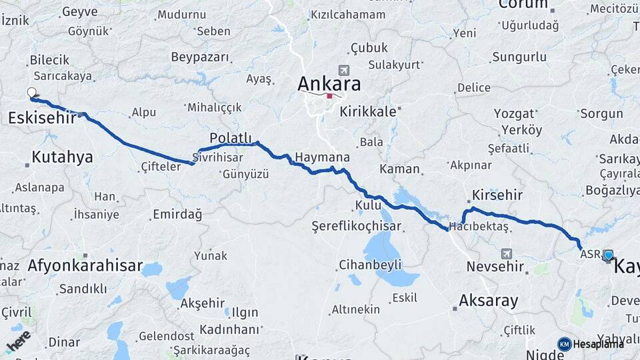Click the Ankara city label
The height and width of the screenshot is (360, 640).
tap(329, 84)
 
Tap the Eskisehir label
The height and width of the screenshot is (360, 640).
tap(41, 118)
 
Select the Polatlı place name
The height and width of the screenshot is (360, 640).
tap(231, 137)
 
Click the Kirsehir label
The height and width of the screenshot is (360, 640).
tap(497, 195)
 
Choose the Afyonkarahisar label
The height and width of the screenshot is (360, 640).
tap(85, 266)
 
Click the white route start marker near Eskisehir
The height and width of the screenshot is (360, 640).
tap(31, 92)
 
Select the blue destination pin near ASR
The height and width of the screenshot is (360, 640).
tap(608, 255)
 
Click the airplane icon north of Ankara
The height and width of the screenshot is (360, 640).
tap(343, 70)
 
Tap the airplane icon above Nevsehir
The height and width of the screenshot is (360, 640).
tap(506, 253)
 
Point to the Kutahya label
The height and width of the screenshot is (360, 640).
tap(62, 157)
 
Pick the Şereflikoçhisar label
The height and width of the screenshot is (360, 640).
tap(356, 227)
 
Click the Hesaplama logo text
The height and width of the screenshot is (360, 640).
tap(598, 344)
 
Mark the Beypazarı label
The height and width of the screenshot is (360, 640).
tap(201, 57)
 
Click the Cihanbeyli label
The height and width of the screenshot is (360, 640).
tap(370, 265)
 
